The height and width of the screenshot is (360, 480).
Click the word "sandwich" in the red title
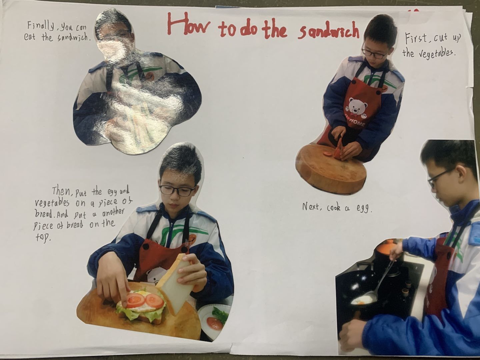pos(328,32)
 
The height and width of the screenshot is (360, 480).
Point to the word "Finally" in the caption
pos(40,26)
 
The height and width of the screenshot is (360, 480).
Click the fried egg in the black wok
pos(362,301)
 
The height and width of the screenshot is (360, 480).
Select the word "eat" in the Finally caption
pos(30,37)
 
